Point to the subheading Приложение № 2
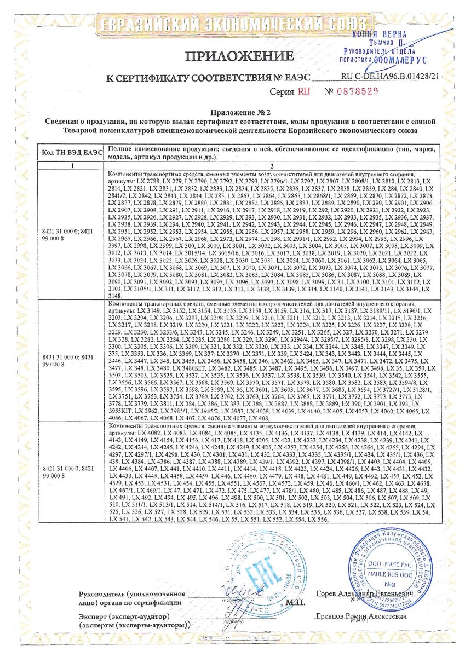(x=233, y=113)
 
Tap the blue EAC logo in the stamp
(x=254, y=573)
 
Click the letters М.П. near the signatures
(x=295, y=602)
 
